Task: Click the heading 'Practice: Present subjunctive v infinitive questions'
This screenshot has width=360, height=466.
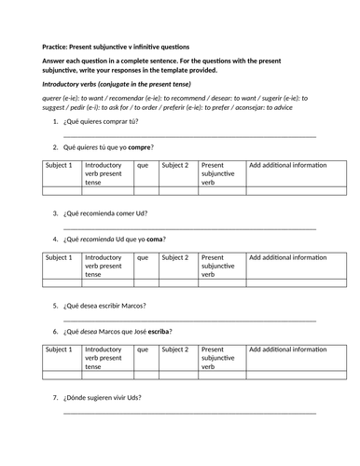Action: pyautogui.click(x=115, y=47)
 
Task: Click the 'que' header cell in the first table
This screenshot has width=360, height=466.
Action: pyautogui.click(x=143, y=165)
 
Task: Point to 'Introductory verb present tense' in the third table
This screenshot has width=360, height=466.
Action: pyautogui.click(x=106, y=358)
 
